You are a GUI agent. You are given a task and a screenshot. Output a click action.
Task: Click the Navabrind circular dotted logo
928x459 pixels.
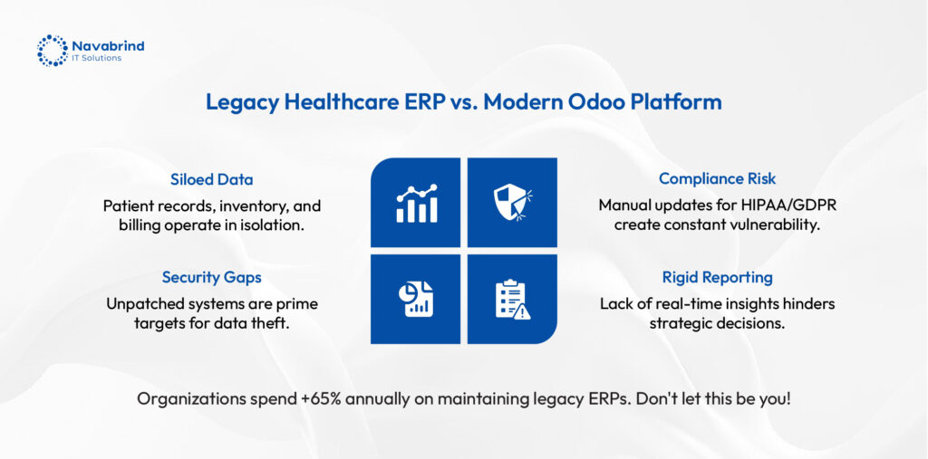tap(52, 51)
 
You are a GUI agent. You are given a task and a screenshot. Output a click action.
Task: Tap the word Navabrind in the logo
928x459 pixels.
tap(108, 45)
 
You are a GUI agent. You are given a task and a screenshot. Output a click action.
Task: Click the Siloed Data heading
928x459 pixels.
tap(212, 179)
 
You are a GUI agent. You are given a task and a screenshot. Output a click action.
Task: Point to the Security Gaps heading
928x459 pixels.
tap(212, 277)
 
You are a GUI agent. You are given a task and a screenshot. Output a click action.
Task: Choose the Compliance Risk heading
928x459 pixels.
tap(718, 179)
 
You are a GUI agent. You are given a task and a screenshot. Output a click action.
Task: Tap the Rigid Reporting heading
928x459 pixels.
tap(718, 277)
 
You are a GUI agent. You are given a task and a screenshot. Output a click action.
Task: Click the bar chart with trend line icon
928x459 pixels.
tap(417, 203)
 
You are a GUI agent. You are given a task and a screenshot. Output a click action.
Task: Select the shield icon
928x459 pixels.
tap(512, 202)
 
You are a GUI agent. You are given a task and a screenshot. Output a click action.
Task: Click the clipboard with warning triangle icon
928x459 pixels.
tap(512, 300)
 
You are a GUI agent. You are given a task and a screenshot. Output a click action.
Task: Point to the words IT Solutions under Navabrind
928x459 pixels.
tap(96, 58)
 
